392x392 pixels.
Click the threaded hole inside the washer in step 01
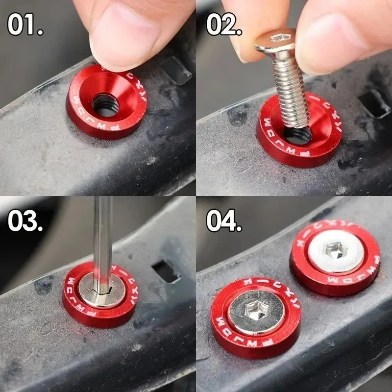point(105,105)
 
